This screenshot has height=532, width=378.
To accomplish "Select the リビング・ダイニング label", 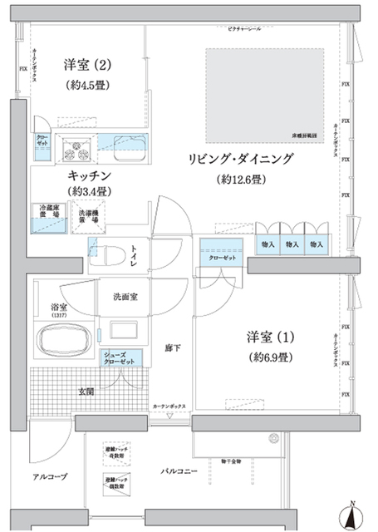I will (241, 160).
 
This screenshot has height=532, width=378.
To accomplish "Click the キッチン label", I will (91, 176).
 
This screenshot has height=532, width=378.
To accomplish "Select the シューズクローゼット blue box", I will (120, 358).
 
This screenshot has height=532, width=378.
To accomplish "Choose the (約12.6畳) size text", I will (241, 180).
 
